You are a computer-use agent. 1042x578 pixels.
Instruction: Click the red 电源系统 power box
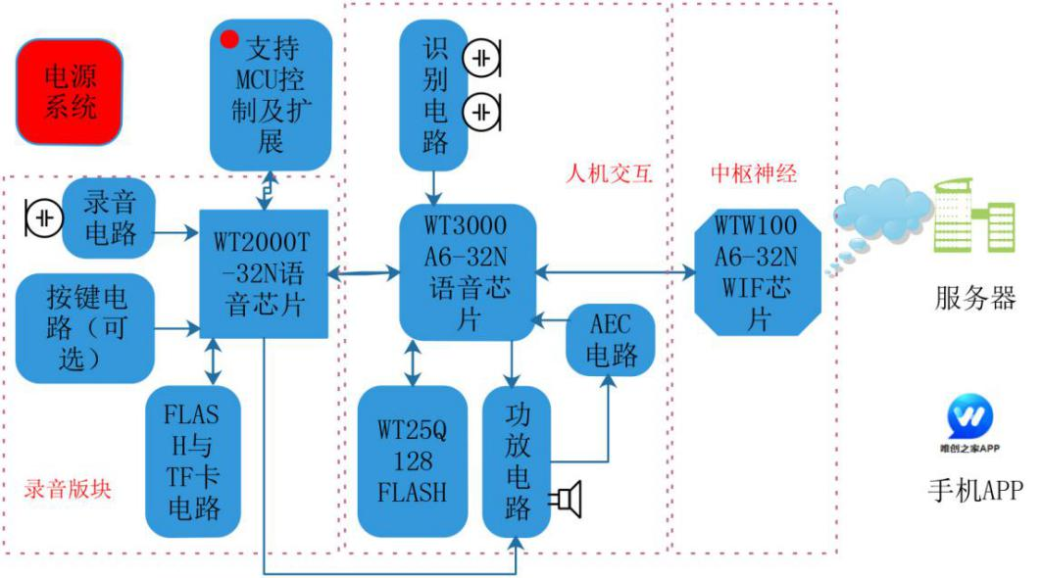click(70, 92)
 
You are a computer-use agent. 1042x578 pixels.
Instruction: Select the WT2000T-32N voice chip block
click(264, 273)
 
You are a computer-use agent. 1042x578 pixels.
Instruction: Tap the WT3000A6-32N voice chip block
click(468, 272)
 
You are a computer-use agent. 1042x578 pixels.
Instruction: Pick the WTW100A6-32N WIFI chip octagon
click(758, 272)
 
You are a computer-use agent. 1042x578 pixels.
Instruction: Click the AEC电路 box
click(611, 340)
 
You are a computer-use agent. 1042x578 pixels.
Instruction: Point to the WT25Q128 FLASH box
click(412, 461)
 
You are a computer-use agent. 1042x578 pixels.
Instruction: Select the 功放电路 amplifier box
click(517, 461)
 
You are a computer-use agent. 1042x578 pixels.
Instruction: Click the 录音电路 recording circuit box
click(109, 217)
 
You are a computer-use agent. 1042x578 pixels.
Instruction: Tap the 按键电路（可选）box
click(85, 328)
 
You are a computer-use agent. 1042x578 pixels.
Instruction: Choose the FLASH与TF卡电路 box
click(193, 461)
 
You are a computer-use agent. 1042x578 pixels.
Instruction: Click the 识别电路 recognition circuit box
click(434, 95)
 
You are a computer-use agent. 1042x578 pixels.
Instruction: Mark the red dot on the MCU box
click(229, 39)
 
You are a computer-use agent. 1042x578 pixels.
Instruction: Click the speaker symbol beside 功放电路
click(567, 500)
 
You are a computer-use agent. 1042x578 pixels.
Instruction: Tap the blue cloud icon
click(878, 214)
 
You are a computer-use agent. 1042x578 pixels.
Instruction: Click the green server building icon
click(974, 216)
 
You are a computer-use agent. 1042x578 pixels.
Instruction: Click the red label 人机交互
click(609, 173)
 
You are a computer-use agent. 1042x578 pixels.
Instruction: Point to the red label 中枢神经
click(754, 173)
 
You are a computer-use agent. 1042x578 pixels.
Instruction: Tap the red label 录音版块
click(68, 489)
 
